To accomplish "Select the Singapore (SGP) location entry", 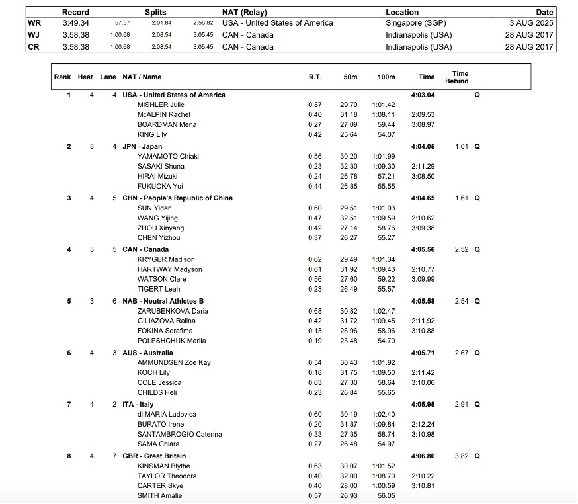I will pos(415,23).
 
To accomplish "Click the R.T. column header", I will pos(315,77).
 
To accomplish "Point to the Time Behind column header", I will pos(460,77).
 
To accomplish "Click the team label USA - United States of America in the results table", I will pos(174,95).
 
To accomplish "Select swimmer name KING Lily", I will pos(152,135).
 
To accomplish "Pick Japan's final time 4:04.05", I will pos(423,147).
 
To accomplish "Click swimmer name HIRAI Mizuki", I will pos(159,177).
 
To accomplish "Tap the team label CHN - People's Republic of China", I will pos(177,198).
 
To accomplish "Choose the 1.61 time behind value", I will pos(462,198).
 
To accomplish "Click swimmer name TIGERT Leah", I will pos(159,290).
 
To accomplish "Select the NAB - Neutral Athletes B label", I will pos(163,302).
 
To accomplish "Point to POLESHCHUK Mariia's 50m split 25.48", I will pos(348,341).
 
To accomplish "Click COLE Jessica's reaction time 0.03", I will pos(315,383).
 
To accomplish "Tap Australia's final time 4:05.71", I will pos(423,353).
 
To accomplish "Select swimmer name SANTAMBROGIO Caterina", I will pos(180,435).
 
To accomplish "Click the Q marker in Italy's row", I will pos(477,405).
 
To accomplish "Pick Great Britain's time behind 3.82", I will pos(462,456).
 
